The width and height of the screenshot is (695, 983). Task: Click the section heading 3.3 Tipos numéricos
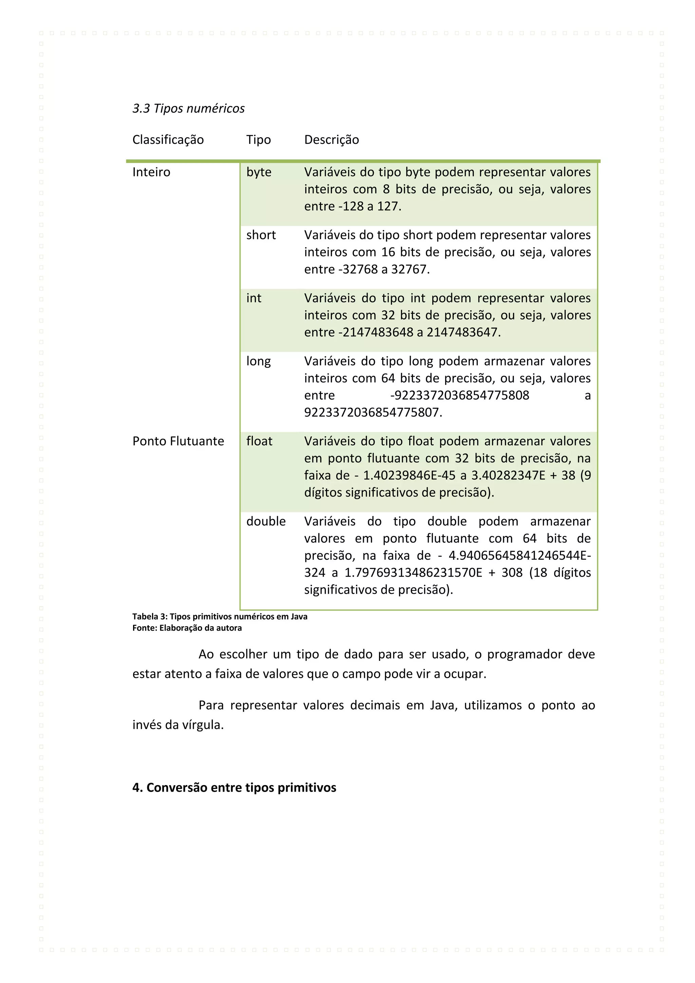tap(188, 108)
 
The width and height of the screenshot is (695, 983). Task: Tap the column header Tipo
tap(259, 140)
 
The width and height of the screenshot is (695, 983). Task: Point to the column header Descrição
tap(331, 140)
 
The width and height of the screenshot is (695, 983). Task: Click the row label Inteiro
tap(151, 172)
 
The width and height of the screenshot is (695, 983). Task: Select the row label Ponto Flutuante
tap(178, 441)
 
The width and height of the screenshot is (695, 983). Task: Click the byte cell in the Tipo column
tap(259, 172)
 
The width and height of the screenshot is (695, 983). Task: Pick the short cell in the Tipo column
tap(261, 235)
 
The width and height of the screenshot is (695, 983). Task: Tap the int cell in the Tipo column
tap(253, 298)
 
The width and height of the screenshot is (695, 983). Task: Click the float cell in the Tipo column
tap(259, 441)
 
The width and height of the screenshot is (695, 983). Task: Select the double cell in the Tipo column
tap(266, 521)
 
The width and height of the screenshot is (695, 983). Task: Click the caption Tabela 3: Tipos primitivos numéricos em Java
tap(220, 616)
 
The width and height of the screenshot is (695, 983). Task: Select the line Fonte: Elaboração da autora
tap(187, 628)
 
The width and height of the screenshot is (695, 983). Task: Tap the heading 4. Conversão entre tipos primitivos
tap(234, 788)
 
